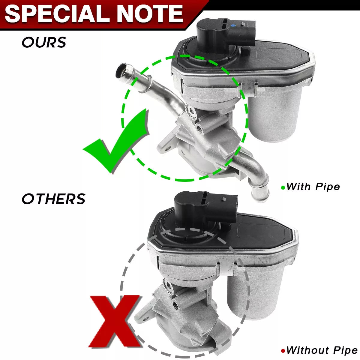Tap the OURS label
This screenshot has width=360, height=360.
(x=44, y=42)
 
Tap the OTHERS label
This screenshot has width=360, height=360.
(x=54, y=199)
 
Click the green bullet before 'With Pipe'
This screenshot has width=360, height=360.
(x=283, y=187)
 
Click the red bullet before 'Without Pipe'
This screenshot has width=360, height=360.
(x=283, y=351)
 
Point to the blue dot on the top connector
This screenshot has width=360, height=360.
(x=233, y=25)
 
